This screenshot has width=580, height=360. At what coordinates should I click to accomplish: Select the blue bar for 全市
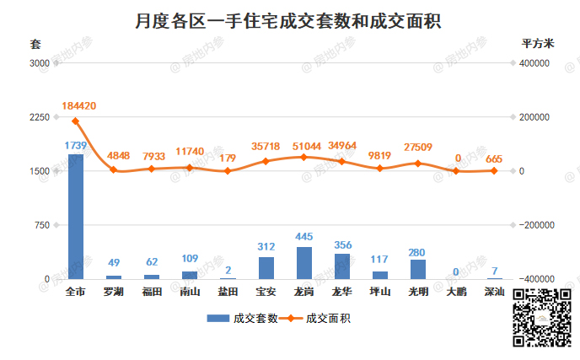coord(75,216)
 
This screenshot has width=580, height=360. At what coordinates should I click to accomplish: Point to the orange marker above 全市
coord(75,121)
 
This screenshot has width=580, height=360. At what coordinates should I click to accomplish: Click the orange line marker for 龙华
coord(342,162)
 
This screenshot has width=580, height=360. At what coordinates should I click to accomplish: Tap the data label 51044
coord(304,145)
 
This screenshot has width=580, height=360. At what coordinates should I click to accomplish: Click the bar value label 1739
coord(76,145)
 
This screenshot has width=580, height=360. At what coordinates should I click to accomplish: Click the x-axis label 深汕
coord(495,292)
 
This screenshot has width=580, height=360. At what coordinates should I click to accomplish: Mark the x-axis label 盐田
coord(228,292)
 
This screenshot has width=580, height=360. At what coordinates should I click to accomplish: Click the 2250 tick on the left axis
coord(39,117)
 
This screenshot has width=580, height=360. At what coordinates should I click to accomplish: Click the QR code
coord(543,318)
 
